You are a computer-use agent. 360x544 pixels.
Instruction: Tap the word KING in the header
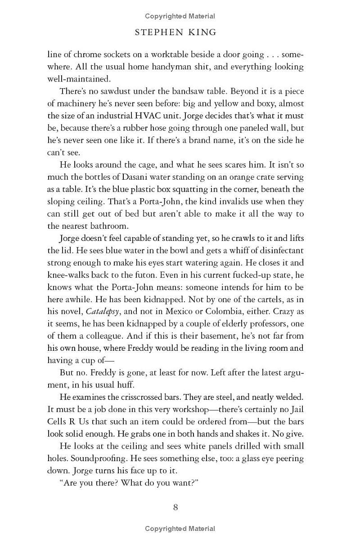205,32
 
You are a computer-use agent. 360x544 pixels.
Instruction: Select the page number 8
175,507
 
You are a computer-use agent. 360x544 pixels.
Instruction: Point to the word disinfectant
277,250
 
